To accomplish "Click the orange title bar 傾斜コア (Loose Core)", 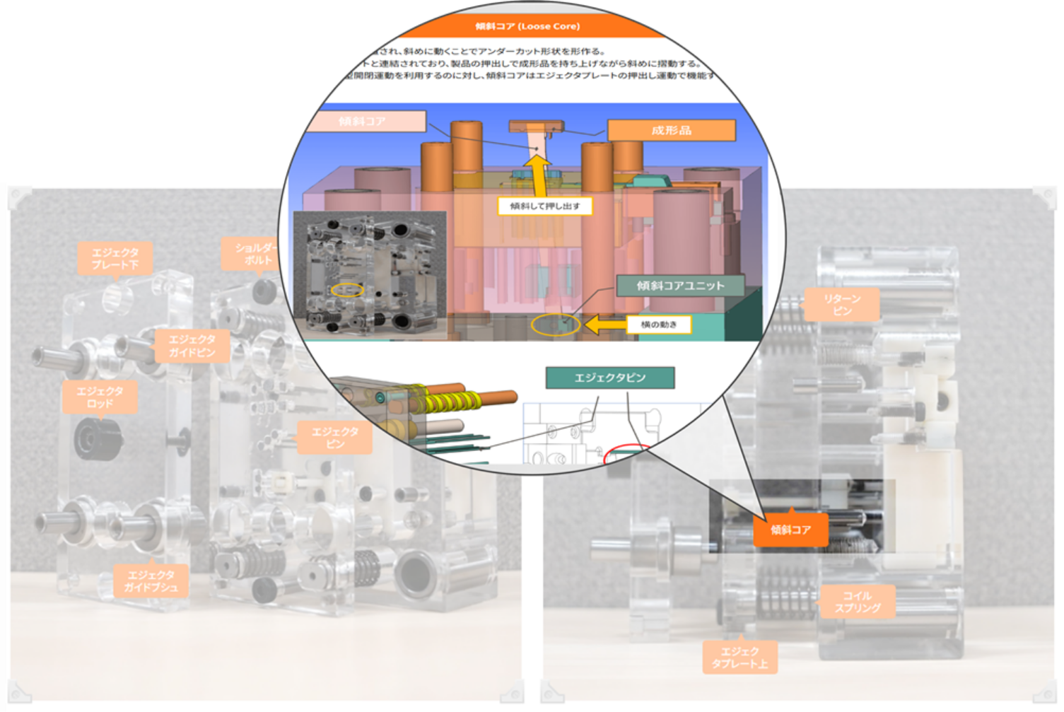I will (x=527, y=26).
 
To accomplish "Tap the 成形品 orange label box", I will (x=671, y=130).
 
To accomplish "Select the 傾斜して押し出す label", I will (x=544, y=206).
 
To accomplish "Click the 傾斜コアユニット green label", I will (x=680, y=286).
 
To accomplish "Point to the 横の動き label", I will (x=658, y=325).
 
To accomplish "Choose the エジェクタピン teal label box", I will (x=609, y=378).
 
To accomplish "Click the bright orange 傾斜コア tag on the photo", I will (x=790, y=530).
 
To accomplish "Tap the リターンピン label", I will (x=842, y=305).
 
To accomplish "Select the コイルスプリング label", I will (x=857, y=602).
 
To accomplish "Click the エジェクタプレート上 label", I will (x=739, y=658).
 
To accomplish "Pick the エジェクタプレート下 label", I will (x=115, y=258).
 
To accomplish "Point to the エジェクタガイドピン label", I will (x=192, y=346).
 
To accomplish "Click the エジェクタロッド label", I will (x=100, y=397).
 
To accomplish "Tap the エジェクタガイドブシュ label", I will (x=151, y=580).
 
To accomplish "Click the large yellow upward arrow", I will (x=539, y=176).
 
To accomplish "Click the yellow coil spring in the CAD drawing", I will (x=445, y=402).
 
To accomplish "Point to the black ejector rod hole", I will (x=93, y=439).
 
